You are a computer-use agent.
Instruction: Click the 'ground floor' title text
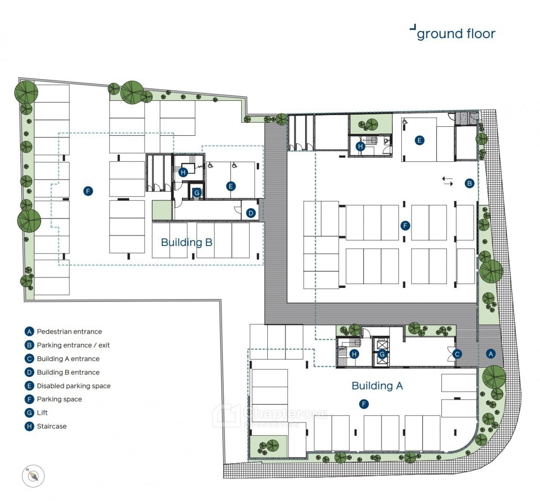[x=456, y=34]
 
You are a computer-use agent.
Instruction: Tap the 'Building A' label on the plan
[x=377, y=386]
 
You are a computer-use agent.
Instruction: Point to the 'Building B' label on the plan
[x=187, y=242]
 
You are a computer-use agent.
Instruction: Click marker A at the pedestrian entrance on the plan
[x=490, y=353]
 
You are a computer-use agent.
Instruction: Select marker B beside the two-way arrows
[x=469, y=183]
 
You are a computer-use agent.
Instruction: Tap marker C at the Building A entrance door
[x=457, y=354]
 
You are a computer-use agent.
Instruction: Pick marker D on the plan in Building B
[x=251, y=213]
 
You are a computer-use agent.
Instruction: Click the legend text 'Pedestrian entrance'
[x=69, y=331]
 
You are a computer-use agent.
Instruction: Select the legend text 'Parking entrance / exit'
[x=73, y=345]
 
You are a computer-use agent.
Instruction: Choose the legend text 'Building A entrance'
[x=68, y=359]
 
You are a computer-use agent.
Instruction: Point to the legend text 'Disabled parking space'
[x=74, y=386]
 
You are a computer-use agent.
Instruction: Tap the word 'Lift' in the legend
[x=42, y=413]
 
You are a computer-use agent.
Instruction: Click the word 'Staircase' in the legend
[x=52, y=426]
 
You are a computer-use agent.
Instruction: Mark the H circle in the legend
[x=29, y=426]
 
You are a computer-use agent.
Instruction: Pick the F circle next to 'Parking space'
[x=29, y=399]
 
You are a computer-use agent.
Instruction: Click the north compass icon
[x=33, y=476]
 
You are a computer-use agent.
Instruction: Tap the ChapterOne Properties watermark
[x=270, y=416]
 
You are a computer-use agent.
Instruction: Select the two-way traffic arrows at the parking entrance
[x=447, y=181]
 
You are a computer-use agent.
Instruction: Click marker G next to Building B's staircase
[x=197, y=193]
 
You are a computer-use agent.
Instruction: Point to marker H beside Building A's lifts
[x=354, y=354]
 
